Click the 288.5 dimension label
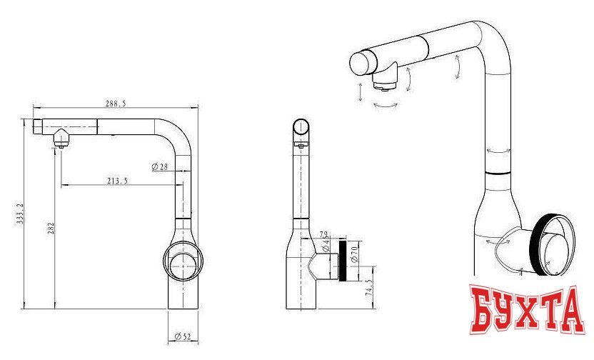tap(116, 104)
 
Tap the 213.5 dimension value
tap(117, 181)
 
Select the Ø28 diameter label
tap(159, 166)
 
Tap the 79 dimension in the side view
tap(323, 234)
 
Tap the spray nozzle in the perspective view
tap(385, 85)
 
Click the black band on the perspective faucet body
tap(498, 174)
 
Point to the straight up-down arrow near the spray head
tap(361, 91)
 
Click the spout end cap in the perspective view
tap(361, 63)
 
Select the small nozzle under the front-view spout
tap(61, 142)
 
